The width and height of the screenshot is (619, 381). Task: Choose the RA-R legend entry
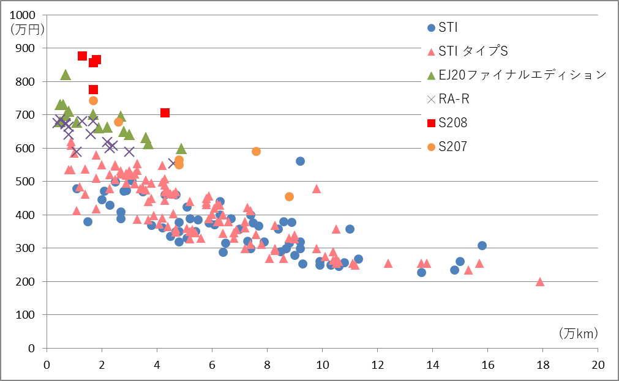(x=452, y=99)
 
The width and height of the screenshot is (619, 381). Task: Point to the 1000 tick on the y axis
(x=24, y=15)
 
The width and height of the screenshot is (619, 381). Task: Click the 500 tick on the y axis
(x=28, y=182)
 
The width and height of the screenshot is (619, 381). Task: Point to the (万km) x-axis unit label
(x=578, y=333)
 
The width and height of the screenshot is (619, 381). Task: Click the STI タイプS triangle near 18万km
(x=540, y=281)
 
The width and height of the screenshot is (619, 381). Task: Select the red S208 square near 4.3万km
(x=165, y=113)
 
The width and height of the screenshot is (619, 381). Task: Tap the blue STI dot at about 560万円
(x=300, y=161)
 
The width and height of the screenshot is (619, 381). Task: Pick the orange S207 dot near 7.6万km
(x=256, y=151)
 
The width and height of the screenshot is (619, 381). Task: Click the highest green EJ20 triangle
(x=66, y=75)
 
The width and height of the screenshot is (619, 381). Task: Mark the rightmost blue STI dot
(x=482, y=245)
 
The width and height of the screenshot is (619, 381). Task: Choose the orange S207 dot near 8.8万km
(x=289, y=196)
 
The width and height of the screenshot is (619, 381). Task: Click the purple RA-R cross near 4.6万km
(x=173, y=163)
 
